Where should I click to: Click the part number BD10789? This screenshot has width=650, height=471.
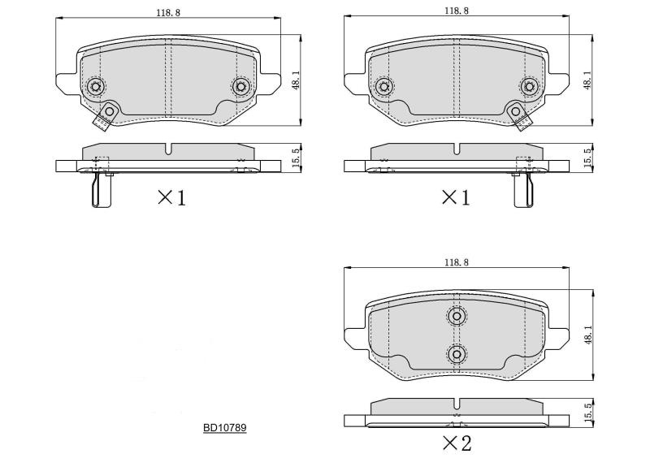(x=225, y=427)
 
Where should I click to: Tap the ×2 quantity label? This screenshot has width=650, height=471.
(x=457, y=443)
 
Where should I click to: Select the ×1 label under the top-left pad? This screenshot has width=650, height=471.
(x=172, y=198)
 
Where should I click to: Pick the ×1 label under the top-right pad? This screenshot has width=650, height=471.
(x=456, y=198)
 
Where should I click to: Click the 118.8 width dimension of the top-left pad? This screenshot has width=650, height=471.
(x=168, y=12)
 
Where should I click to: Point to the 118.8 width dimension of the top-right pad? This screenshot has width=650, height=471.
(x=457, y=11)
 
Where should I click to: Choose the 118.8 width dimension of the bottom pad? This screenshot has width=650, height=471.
(x=457, y=262)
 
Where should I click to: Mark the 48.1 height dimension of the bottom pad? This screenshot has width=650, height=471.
(x=587, y=335)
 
